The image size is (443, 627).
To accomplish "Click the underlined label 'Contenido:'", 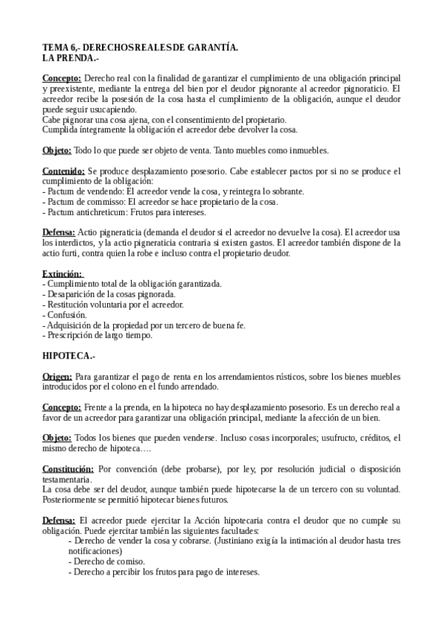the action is [x=63, y=172].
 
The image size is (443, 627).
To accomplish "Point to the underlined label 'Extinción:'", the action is [x=62, y=274].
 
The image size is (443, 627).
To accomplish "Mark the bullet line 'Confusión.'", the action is [x=66, y=314].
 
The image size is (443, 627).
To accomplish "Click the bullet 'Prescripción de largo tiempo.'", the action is [x=99, y=335].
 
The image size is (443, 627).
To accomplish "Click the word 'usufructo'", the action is [x=331, y=438].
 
